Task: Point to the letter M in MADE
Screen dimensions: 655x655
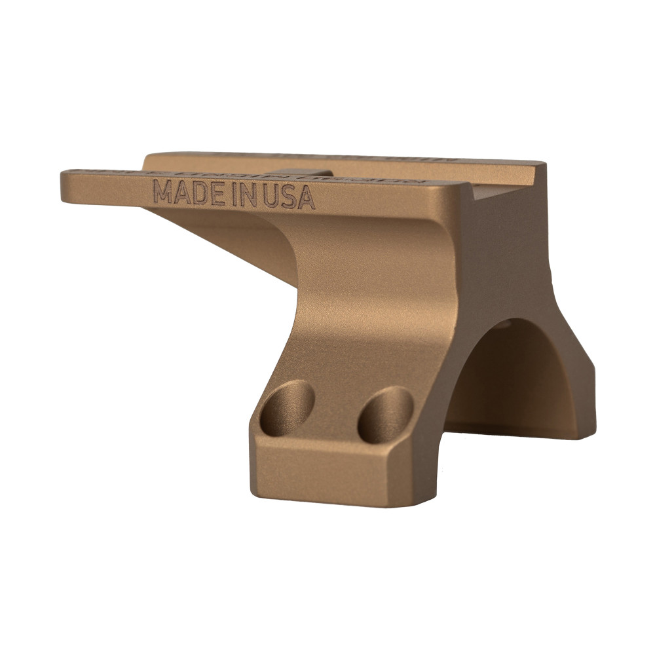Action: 164,192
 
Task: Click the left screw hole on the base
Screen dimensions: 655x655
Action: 287,407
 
